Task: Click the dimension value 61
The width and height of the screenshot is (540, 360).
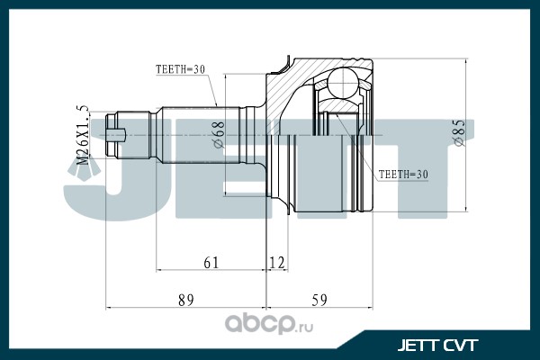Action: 211,262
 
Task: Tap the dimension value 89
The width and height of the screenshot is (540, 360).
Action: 185,301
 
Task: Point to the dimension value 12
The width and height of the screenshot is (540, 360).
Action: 277,262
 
